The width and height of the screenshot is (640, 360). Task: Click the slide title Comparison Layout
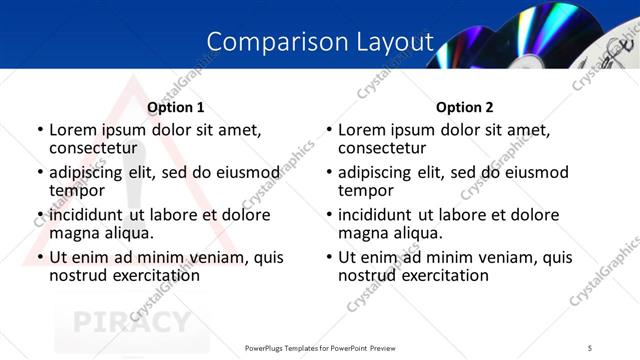pyautogui.click(x=320, y=42)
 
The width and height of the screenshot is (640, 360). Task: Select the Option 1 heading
pyautogui.click(x=176, y=108)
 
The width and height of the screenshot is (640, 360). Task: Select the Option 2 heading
pyautogui.click(x=465, y=108)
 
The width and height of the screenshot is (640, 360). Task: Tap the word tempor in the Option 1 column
pyautogui.click(x=77, y=190)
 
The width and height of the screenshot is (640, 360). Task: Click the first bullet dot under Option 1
pyautogui.click(x=40, y=130)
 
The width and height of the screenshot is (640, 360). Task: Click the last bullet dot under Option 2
pyautogui.click(x=329, y=258)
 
